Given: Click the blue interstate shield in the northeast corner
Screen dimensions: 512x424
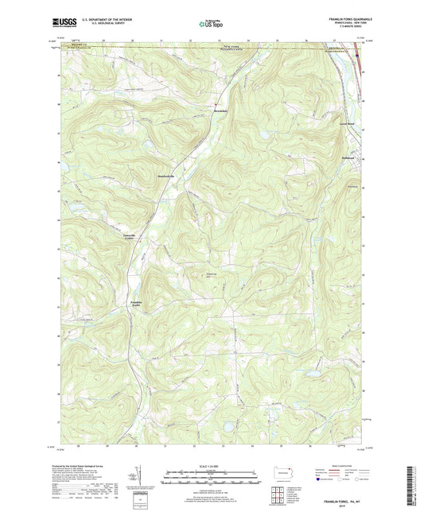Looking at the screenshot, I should pyautogui.click(x=357, y=56).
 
